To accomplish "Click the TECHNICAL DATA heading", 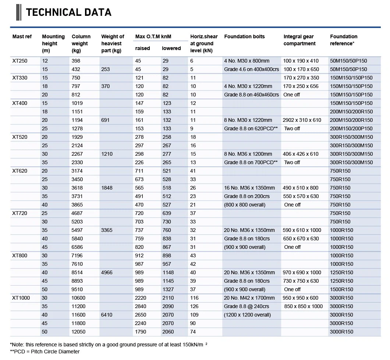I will point(68,13).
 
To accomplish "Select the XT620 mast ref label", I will point(20,171).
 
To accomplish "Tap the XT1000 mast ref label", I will point(21,298).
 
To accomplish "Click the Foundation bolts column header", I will point(244,36).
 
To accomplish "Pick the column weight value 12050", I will point(79,332).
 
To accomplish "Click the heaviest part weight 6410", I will point(107,315).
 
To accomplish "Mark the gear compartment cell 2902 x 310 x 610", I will point(302,120).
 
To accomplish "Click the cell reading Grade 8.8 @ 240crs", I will point(247,306).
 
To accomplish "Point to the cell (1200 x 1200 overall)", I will point(247,315).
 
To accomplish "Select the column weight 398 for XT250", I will point(76,61).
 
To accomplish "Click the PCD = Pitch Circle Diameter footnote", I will point(45,352).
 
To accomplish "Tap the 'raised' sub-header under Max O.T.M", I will point(143,48).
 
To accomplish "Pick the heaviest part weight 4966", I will point(107,272).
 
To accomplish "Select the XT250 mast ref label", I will point(20,61).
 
